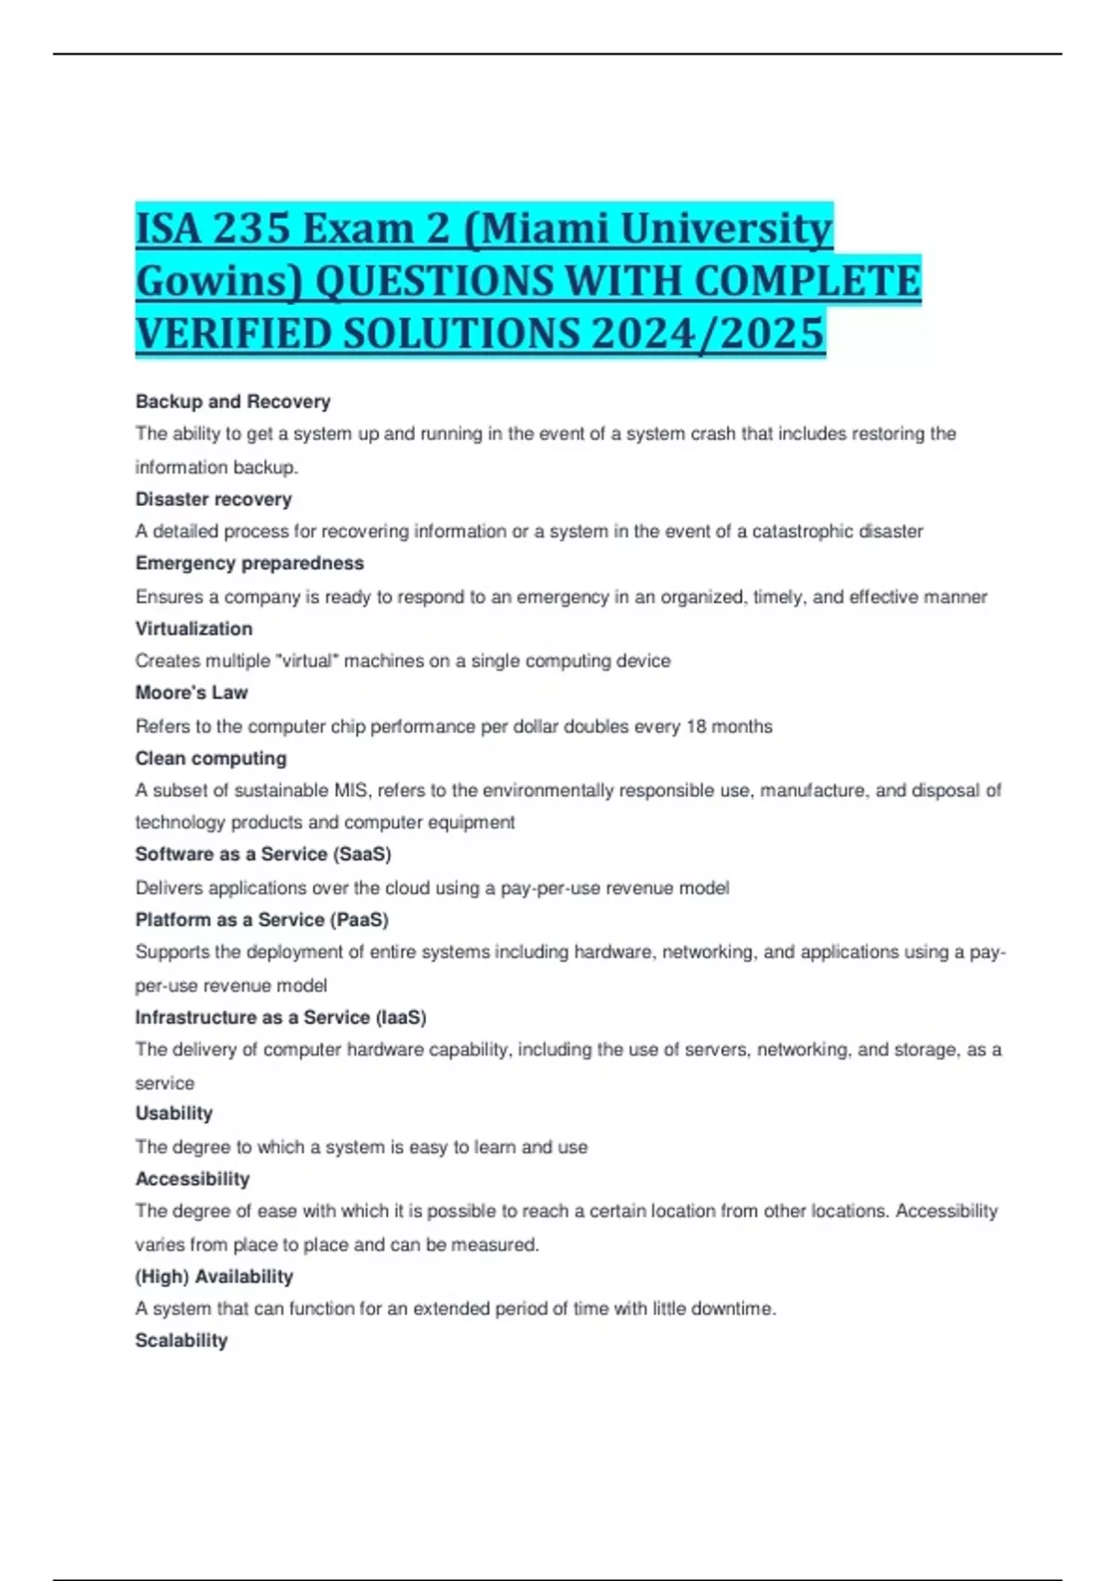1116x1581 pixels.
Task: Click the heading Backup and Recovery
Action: click(x=232, y=402)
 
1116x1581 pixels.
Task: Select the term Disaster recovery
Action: click(x=213, y=499)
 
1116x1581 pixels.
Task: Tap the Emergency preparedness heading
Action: click(x=249, y=564)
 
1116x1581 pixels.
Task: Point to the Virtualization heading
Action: click(x=193, y=629)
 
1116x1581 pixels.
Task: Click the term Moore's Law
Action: click(x=192, y=693)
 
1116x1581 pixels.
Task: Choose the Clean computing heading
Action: click(x=210, y=758)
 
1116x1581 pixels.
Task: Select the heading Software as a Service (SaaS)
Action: click(x=263, y=855)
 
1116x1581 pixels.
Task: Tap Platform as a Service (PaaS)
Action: click(x=261, y=920)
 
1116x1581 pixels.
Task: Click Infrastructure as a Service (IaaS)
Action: click(x=281, y=1017)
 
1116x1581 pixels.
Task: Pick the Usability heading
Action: click(x=174, y=1113)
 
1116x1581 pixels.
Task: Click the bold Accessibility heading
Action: click(x=193, y=1179)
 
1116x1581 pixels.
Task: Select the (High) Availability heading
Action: click(x=214, y=1277)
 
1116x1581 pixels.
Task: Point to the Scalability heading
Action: click(x=181, y=1341)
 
